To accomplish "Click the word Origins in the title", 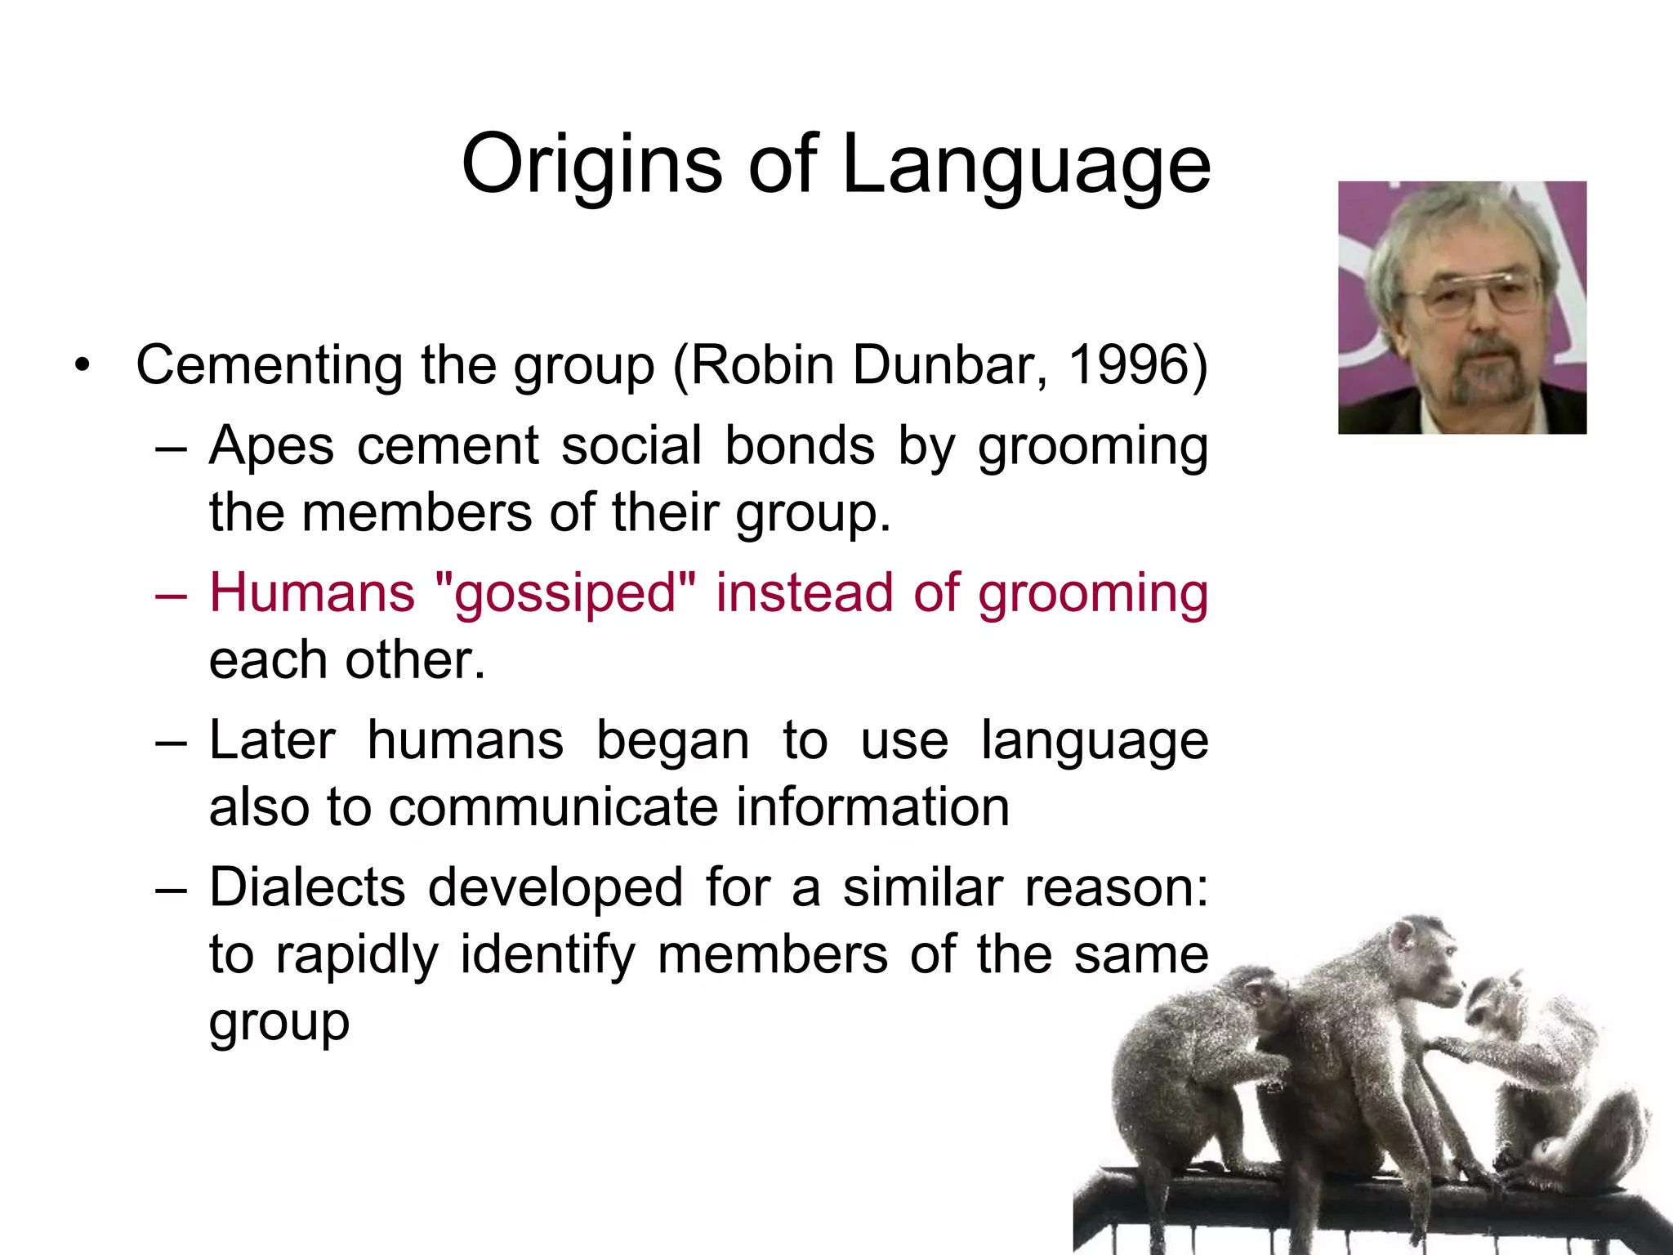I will point(591,165).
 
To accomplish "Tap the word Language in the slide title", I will point(1025,165).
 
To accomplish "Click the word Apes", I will point(271,446).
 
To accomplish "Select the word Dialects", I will point(307,887).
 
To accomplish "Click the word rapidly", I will point(357,954).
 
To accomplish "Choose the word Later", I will point(272,740).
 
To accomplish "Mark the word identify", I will point(547,954).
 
